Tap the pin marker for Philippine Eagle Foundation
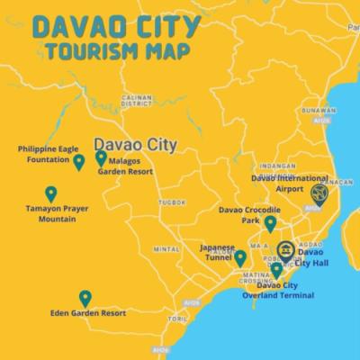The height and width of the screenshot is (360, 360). pos(79,162)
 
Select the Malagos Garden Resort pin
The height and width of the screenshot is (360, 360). pos(101,158)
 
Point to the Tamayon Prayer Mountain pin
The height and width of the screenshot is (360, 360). pos(50,193)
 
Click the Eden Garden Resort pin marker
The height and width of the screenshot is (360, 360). pos(85,298)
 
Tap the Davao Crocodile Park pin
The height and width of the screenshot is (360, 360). pos(270,223)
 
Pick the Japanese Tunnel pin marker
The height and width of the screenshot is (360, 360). pos(240,258)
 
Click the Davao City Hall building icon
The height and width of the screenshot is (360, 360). pos(285,250)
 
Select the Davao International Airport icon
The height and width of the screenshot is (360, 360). pos(318,193)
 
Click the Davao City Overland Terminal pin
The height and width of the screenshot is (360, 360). pos(276,270)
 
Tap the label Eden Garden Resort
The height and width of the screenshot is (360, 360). pos(88,313)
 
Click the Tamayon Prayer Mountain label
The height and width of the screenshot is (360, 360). pos(50,213)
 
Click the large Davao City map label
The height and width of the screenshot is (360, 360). pos(135,143)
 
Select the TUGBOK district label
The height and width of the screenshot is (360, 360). pos(171,202)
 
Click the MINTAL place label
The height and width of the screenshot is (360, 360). pos(167,249)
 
